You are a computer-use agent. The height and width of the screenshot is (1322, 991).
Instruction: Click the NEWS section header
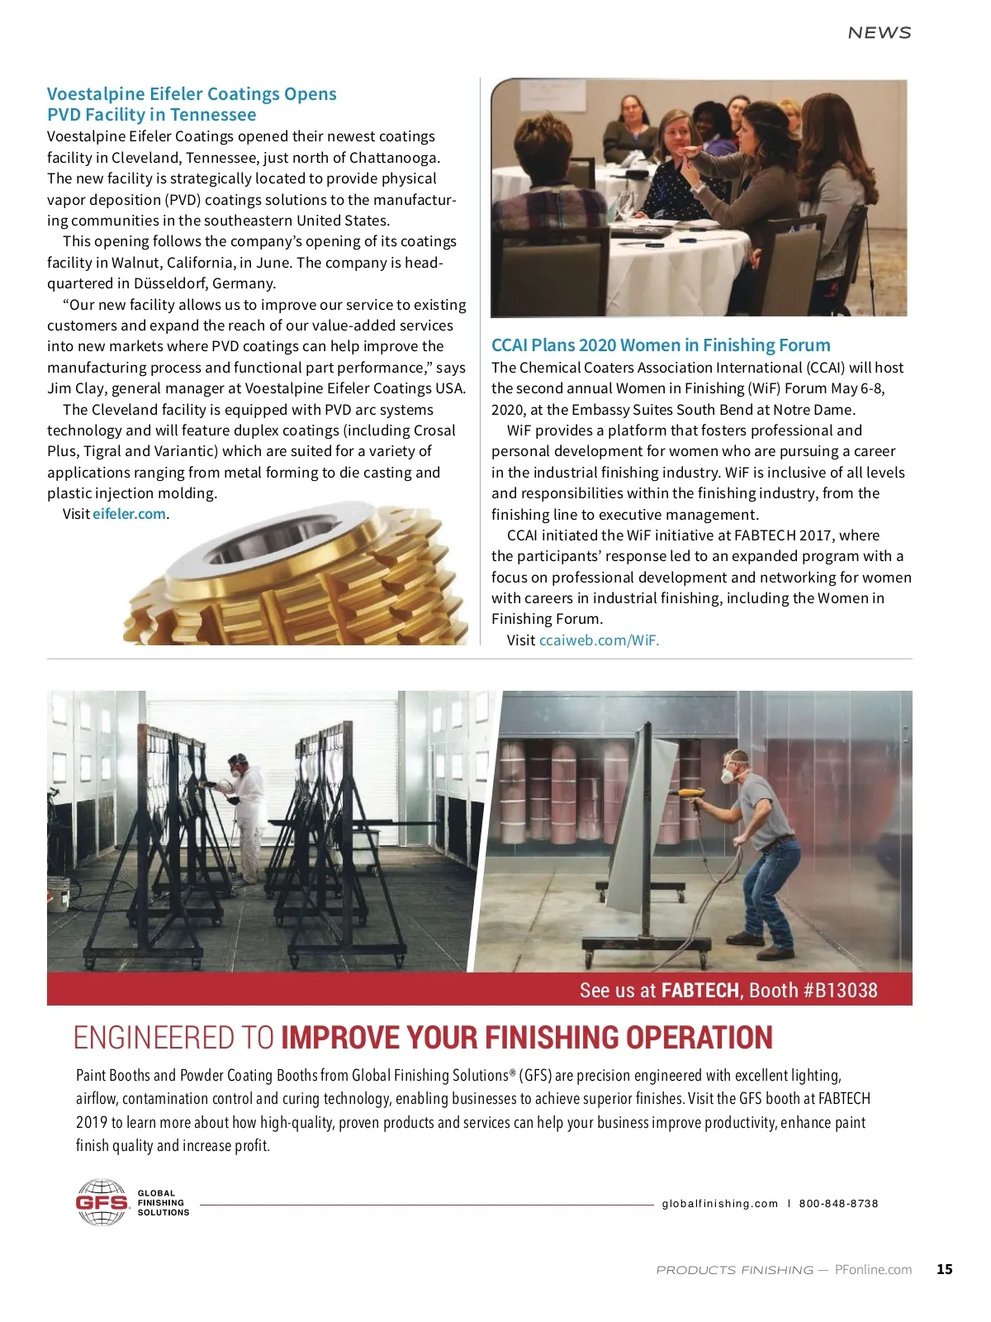[879, 33]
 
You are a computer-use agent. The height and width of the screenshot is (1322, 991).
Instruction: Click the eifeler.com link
[129, 514]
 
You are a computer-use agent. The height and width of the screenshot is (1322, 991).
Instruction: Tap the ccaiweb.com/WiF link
[599, 640]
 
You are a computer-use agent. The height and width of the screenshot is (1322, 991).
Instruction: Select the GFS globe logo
[102, 1202]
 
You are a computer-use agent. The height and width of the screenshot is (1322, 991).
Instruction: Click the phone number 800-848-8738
[838, 1204]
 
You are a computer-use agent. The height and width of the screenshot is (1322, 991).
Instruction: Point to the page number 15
[944, 1269]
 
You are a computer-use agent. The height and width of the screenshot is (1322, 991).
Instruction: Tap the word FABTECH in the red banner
[699, 990]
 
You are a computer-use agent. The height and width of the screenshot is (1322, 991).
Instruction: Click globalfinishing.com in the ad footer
[720, 1204]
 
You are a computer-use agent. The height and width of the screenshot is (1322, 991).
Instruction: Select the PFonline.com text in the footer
[873, 1269]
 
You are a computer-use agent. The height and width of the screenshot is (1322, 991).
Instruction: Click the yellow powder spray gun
[689, 792]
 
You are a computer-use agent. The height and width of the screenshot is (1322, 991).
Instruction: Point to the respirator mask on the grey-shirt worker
[728, 774]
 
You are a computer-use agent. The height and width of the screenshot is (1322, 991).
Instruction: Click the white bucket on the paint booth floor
[58, 893]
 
